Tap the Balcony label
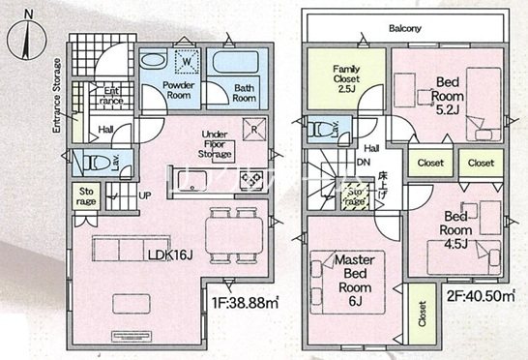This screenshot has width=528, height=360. tap(405, 29)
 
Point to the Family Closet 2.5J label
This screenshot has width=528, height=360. tap(346, 76)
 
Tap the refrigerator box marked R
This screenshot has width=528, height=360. tap(254, 128)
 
